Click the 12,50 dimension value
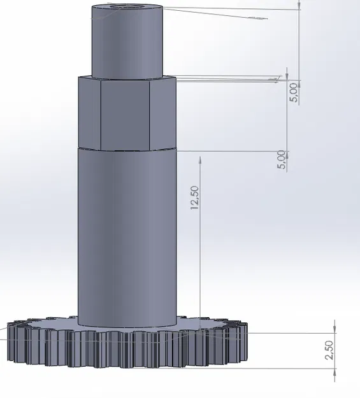195,198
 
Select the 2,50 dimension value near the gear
329,350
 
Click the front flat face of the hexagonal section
126,113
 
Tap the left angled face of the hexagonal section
89,113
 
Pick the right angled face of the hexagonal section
162,113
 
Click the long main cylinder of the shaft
126,236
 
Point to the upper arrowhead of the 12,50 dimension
201,159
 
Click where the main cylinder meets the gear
126,325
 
